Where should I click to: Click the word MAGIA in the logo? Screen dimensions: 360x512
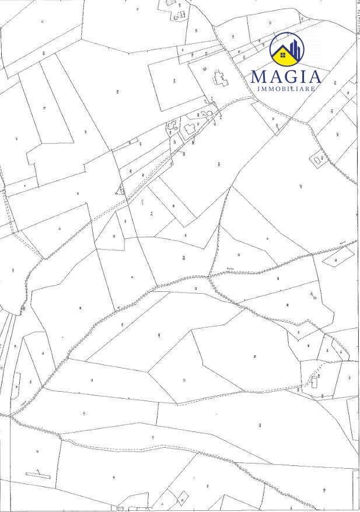click(x=285, y=76)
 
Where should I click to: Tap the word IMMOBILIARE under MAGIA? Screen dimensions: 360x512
click(x=286, y=89)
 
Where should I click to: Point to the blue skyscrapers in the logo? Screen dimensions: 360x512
click(x=295, y=47)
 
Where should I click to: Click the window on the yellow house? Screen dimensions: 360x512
click(x=283, y=55)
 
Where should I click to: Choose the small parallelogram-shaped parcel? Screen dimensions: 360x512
click(x=338, y=256)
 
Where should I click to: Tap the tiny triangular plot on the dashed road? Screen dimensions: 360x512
click(x=120, y=189)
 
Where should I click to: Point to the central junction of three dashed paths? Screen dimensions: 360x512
click(x=209, y=276)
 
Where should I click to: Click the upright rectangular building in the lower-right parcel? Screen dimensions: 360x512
click(x=315, y=382)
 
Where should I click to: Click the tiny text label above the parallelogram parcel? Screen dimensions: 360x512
click(x=344, y=241)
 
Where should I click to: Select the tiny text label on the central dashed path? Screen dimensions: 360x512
click(x=229, y=270)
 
